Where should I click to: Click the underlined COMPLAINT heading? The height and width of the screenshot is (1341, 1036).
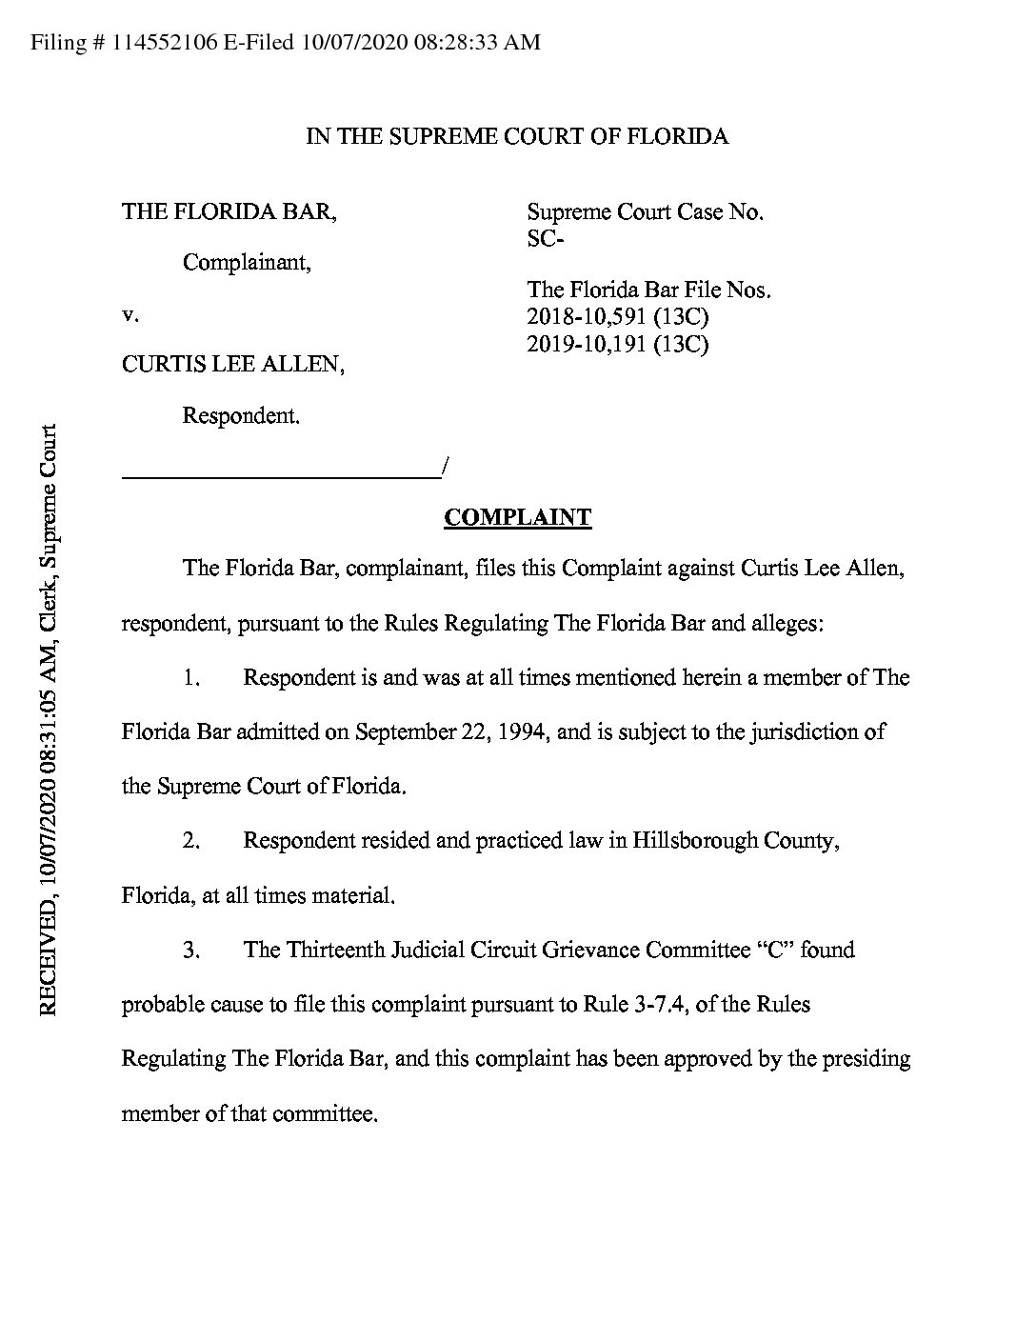click(517, 517)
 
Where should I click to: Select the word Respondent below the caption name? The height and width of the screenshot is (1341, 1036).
click(240, 415)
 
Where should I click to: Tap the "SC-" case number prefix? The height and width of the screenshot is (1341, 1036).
click(546, 238)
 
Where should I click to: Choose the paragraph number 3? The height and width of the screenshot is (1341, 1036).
click(190, 950)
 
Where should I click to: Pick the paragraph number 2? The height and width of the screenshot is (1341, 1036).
click(190, 841)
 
